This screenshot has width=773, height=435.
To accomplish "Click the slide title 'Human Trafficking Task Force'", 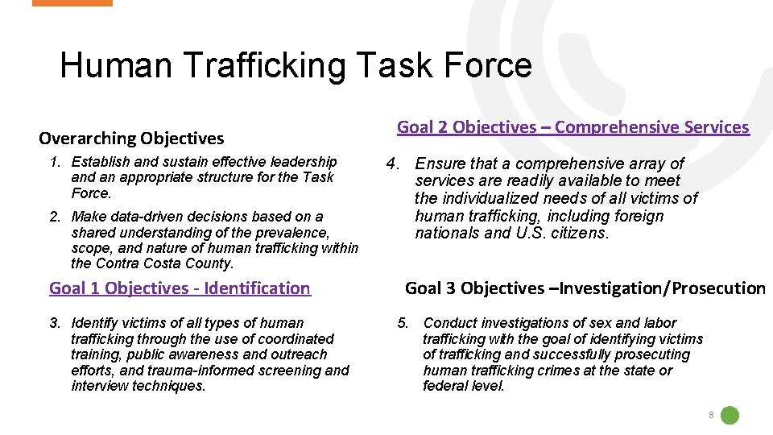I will click(296, 65).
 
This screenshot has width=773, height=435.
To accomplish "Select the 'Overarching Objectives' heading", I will click(131, 139).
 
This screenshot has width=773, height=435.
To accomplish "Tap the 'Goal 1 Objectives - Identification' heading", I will click(180, 288).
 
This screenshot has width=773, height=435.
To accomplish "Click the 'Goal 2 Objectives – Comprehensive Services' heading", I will click(573, 126).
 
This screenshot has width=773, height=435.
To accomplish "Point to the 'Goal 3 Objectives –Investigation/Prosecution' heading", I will click(585, 288).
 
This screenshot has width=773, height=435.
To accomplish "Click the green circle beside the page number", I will click(730, 416).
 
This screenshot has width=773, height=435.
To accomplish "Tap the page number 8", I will click(711, 416).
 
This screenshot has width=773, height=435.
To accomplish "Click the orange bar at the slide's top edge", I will click(72, 3).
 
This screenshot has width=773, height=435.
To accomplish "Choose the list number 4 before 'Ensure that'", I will click(393, 164).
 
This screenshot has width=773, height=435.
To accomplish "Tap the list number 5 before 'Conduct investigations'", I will click(403, 322).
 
